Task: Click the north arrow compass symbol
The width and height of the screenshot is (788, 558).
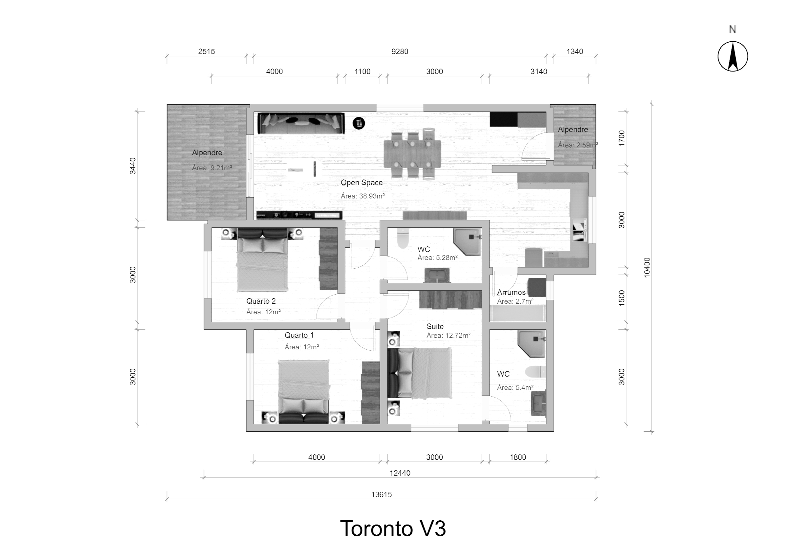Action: [733, 56]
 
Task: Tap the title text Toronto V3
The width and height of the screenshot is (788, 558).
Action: [393, 528]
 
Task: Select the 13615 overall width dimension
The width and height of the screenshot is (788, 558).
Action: [381, 494]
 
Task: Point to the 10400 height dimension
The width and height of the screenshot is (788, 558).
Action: [647, 267]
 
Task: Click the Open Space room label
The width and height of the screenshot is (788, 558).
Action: [362, 183]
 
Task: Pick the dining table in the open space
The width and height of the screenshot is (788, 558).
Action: [412, 154]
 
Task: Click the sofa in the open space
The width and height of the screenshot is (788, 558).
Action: [301, 123]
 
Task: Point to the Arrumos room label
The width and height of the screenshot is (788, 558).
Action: [511, 292]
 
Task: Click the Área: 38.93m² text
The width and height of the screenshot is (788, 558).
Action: [363, 196]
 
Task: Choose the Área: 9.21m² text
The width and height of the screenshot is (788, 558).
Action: [212, 168]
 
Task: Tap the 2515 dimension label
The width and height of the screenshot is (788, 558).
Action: [206, 52]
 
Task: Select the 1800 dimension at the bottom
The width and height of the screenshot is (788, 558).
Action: [518, 457]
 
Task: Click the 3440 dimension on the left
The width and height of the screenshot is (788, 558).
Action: [133, 166]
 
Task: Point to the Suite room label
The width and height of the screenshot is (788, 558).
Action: [435, 326]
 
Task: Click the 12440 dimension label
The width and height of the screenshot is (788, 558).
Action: [400, 473]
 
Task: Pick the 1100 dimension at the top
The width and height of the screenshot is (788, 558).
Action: [362, 72]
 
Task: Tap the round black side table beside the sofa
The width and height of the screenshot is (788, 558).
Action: [359, 123]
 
